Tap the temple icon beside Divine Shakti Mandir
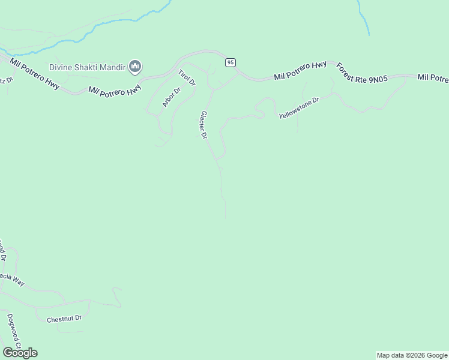135,66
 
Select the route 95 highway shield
231,62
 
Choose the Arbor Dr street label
171,98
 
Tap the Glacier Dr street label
203,125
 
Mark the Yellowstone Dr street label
298,108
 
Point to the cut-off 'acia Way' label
11,279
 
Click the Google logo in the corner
20,352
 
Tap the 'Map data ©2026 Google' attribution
412,355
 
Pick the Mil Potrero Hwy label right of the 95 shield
300,71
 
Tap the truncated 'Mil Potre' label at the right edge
433,78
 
